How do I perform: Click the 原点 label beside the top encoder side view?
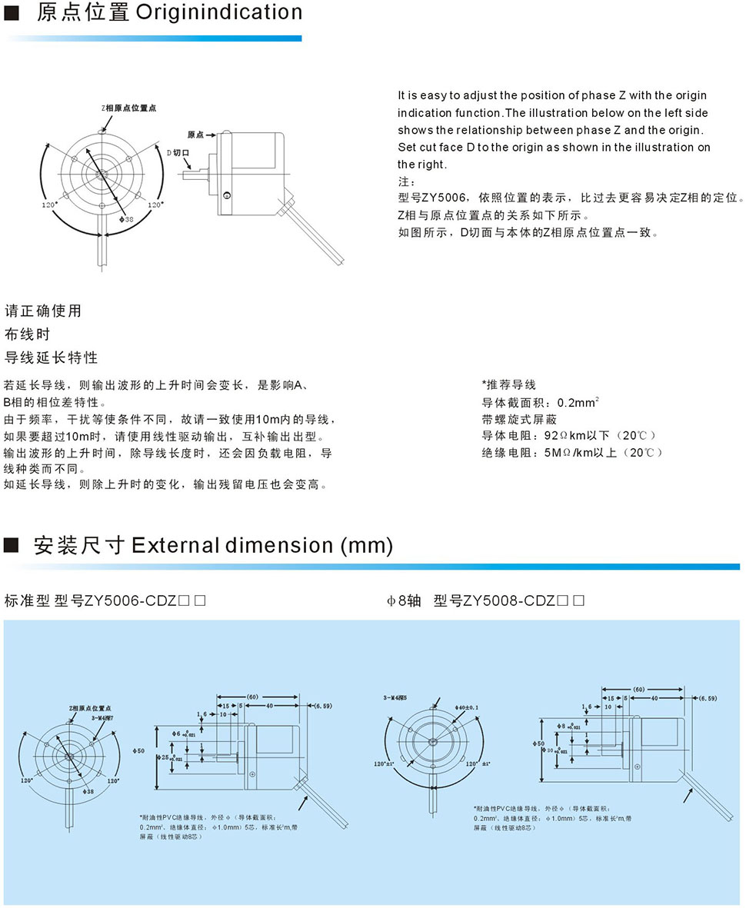(x=195, y=135)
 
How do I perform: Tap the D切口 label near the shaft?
(x=178, y=153)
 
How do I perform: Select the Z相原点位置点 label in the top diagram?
(x=128, y=108)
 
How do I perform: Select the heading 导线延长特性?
(x=52, y=358)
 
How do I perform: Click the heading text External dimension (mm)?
(x=262, y=545)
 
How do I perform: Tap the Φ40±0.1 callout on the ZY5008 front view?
(x=466, y=705)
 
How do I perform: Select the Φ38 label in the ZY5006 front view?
(x=87, y=790)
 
